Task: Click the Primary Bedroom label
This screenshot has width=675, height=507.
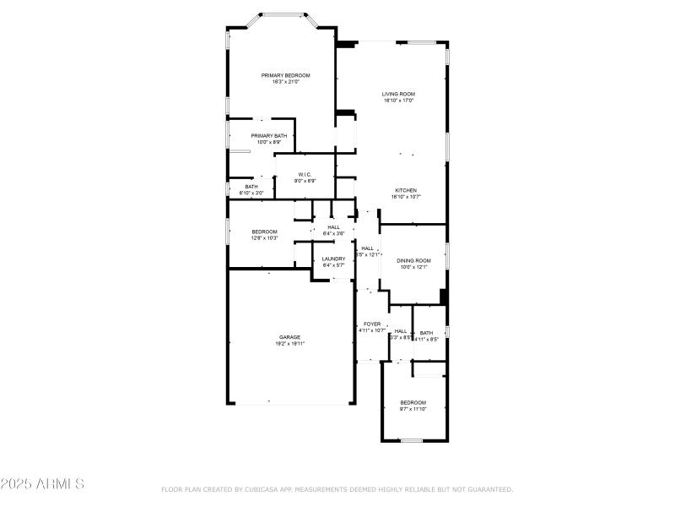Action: tap(285, 75)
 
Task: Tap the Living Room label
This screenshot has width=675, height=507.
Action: tap(398, 94)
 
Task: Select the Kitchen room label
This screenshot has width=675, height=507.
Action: tap(406, 190)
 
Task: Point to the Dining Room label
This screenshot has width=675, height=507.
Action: tap(415, 260)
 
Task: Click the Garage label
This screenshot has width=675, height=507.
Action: tap(290, 337)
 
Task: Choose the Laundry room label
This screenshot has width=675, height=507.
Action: tap(333, 259)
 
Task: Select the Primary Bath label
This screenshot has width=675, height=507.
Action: tap(268, 135)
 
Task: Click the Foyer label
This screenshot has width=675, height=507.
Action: tap(372, 324)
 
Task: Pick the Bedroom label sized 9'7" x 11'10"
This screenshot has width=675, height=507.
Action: tap(413, 402)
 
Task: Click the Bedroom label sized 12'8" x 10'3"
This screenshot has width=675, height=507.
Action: tap(264, 232)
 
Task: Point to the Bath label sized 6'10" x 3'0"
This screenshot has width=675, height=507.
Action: tap(251, 187)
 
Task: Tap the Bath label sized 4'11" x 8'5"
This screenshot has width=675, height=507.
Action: tap(426, 333)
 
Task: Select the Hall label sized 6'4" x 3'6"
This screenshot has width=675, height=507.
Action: tap(334, 226)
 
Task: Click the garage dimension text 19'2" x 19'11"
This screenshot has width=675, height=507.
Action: tap(290, 344)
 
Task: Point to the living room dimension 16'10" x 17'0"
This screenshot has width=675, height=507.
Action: tap(398, 101)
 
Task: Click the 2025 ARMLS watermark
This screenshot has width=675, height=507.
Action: tap(42, 484)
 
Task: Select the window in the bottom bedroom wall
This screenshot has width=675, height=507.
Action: tap(411, 440)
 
